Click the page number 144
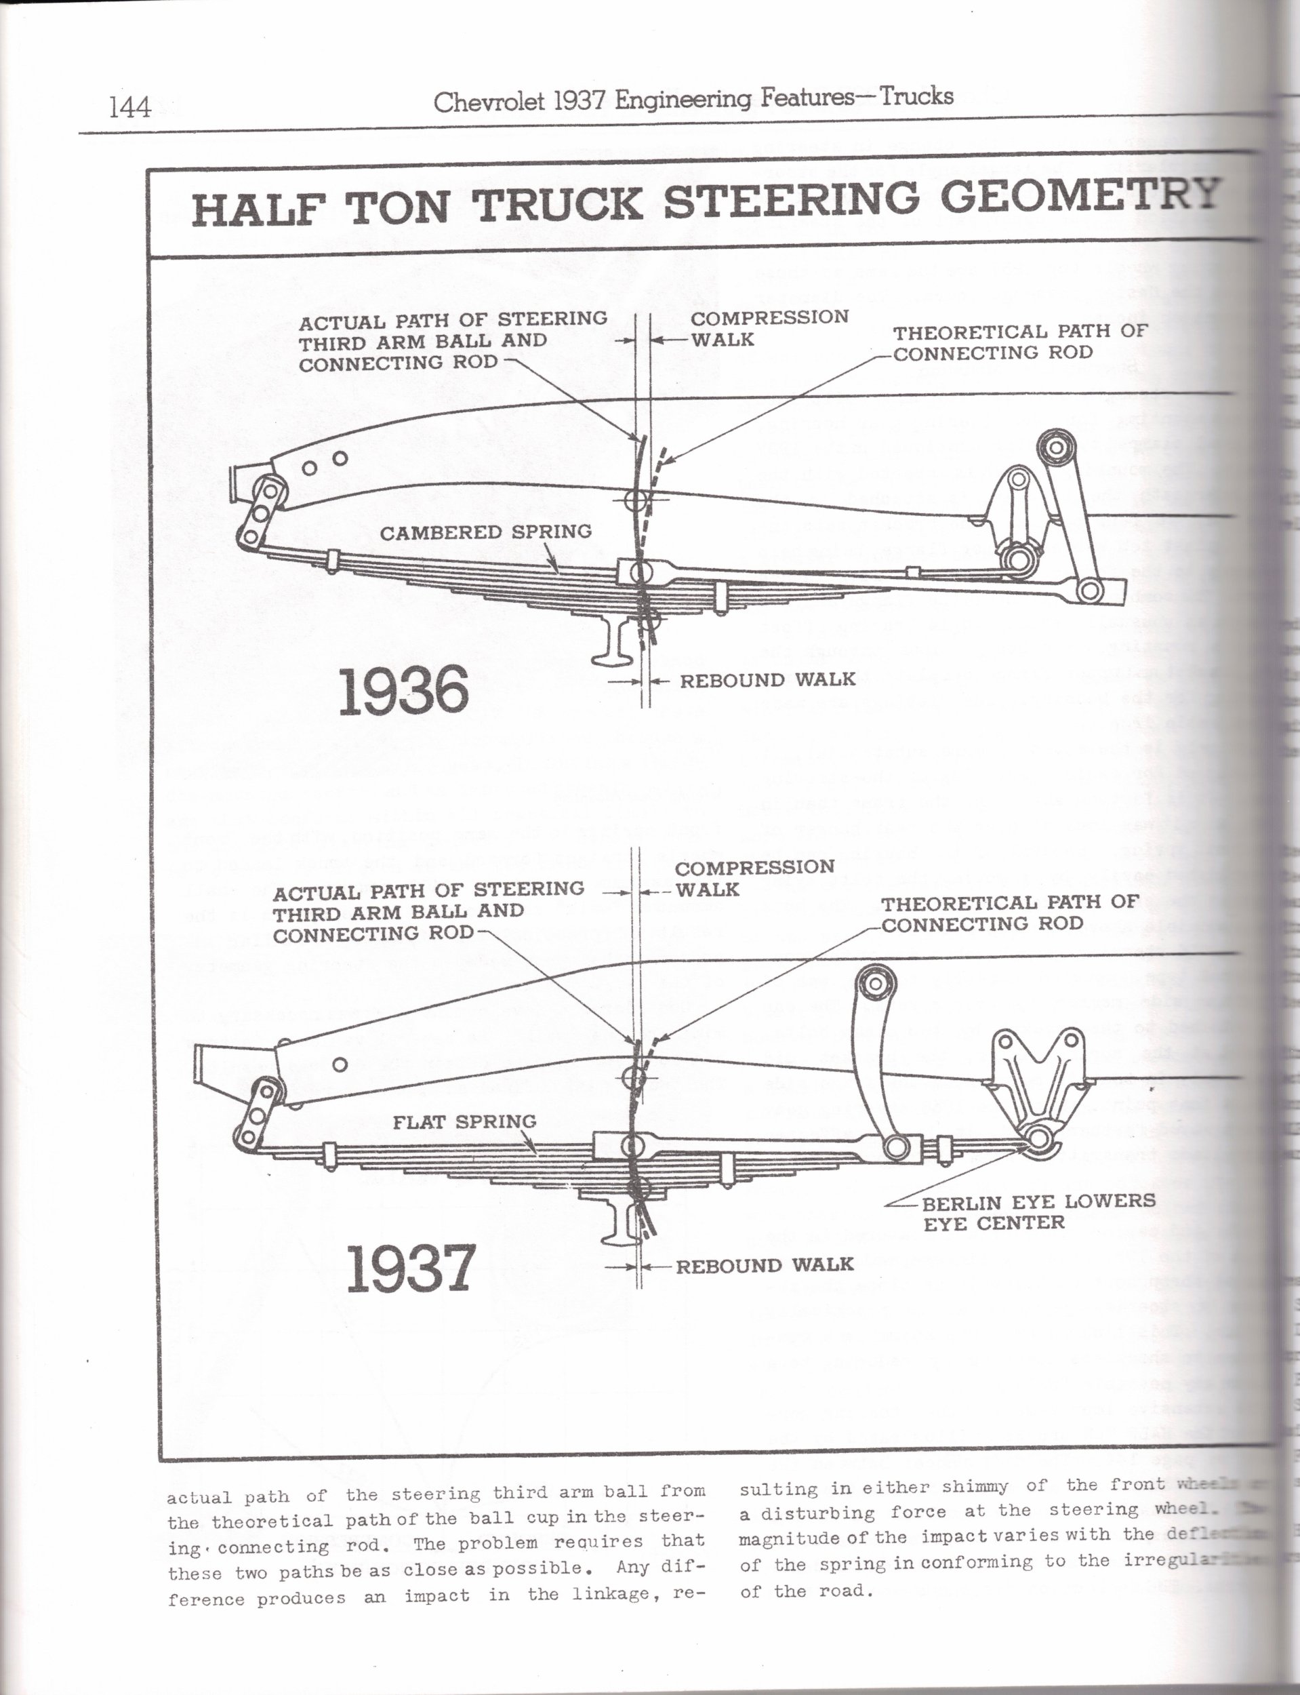pos(130,106)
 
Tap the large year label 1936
pos(404,690)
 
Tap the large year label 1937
pos(409,1269)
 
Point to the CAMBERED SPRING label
pos(485,532)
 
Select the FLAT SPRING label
pos(464,1121)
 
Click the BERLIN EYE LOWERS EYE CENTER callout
pos(1038,1212)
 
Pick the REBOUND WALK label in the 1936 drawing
pos(767,680)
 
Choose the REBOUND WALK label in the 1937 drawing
pos(765,1265)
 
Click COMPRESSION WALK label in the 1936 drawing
pos(769,328)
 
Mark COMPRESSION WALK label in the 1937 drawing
pos(754,879)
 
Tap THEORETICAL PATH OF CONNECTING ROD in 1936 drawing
pos(1019,342)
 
